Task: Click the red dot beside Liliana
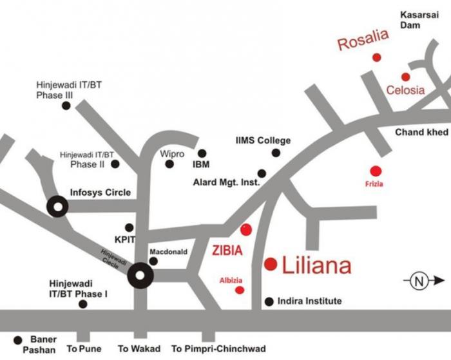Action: [271, 263]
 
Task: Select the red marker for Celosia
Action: [405, 77]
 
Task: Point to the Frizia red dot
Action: [376, 171]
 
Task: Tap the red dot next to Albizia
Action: [240, 290]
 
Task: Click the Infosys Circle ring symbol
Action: [57, 207]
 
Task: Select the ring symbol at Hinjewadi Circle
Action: [140, 276]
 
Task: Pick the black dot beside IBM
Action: [202, 153]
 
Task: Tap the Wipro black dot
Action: [169, 164]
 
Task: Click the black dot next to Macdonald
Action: [153, 261]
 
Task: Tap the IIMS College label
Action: [263, 140]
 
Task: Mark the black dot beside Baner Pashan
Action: [17, 339]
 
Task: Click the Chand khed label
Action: [421, 132]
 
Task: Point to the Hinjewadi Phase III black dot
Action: [66, 105]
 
